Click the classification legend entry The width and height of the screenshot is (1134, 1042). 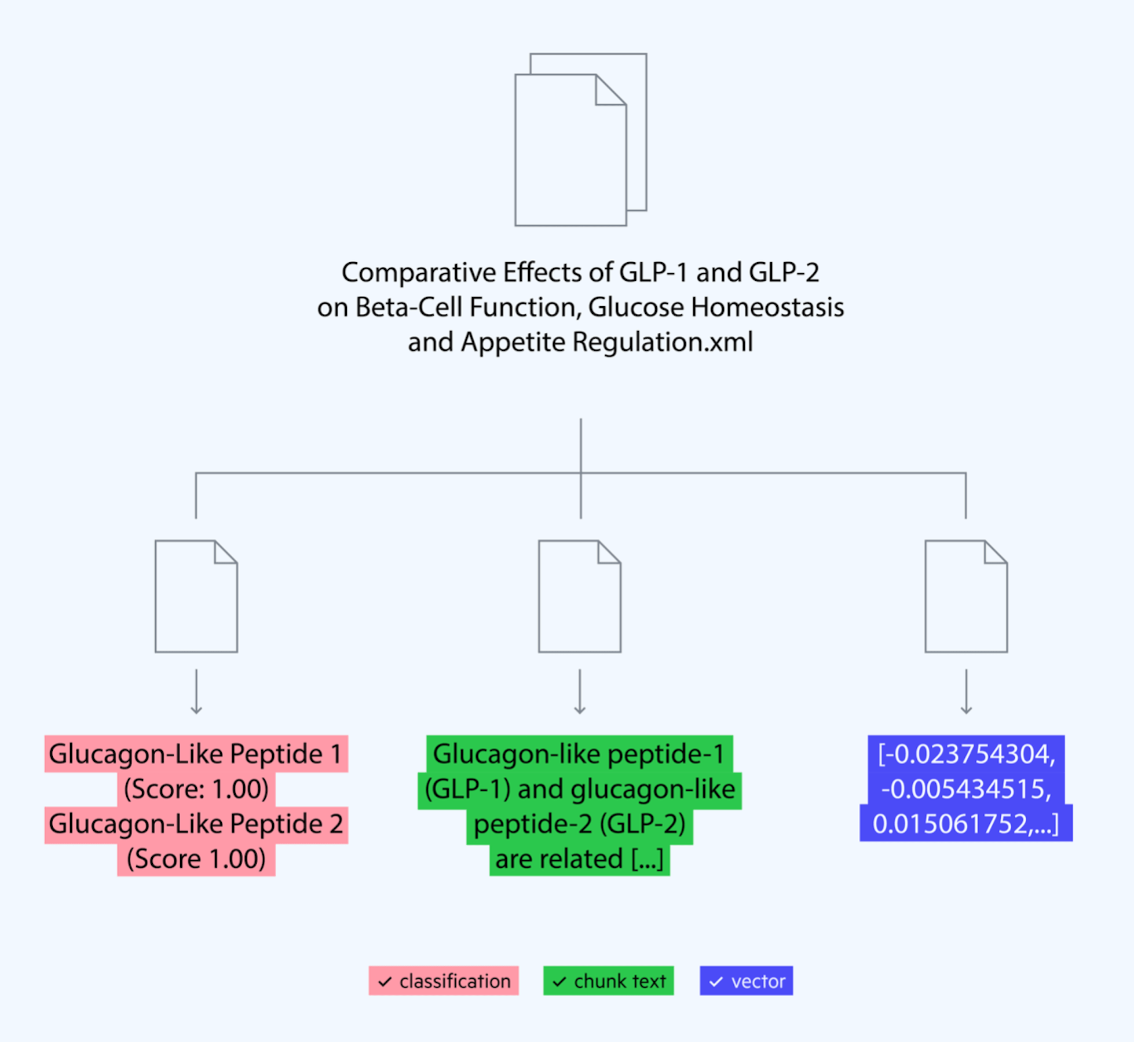(444, 981)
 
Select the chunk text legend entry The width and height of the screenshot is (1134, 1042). (608, 981)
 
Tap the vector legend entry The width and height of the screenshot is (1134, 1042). (746, 981)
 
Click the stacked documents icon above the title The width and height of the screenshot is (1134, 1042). (580, 140)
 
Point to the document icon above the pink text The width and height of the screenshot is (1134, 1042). (196, 596)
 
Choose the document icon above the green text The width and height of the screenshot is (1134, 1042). (580, 596)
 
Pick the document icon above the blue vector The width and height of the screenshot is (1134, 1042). (966, 596)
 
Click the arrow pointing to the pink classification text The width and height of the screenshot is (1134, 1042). (196, 692)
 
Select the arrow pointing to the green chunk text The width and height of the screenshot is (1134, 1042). (580, 692)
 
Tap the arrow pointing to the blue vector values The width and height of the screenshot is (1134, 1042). (966, 692)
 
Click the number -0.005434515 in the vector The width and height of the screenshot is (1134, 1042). (966, 789)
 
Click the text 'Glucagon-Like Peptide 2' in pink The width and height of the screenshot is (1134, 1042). (196, 824)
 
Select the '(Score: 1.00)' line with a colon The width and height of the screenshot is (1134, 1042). (196, 789)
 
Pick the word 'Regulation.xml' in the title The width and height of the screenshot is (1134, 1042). (663, 342)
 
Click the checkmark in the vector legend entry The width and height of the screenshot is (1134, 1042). (716, 982)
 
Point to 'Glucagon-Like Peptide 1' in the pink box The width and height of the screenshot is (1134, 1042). (196, 754)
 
